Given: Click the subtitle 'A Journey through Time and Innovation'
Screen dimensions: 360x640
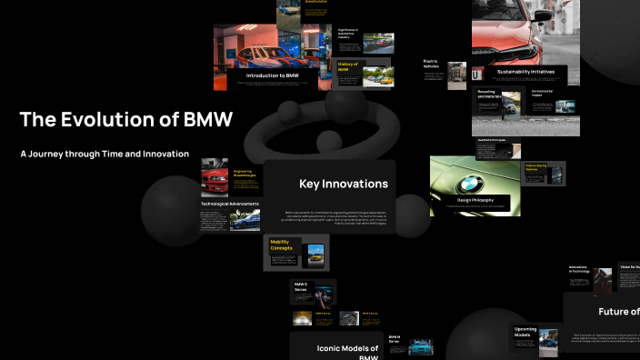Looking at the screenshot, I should click(x=105, y=155).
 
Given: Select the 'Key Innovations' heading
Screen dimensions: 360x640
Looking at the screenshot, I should click(x=344, y=184).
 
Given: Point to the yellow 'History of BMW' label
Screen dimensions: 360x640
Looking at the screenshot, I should click(x=348, y=65).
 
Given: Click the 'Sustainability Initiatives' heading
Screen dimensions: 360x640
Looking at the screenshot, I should click(x=519, y=71).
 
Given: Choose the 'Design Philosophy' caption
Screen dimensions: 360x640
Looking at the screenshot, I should click(x=475, y=199).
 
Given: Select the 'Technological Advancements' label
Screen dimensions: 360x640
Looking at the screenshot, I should click(x=230, y=204).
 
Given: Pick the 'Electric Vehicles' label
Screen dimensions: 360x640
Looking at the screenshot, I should click(x=431, y=64).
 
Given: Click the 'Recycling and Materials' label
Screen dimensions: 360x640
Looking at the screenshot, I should click(x=486, y=94).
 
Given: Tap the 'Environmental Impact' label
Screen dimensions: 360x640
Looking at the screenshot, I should click(x=543, y=93).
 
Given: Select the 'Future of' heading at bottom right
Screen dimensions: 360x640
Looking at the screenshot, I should click(x=618, y=312).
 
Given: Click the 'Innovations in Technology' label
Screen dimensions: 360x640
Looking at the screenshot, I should click(x=579, y=269).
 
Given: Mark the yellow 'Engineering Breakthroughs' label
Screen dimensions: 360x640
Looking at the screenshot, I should click(x=244, y=172).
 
